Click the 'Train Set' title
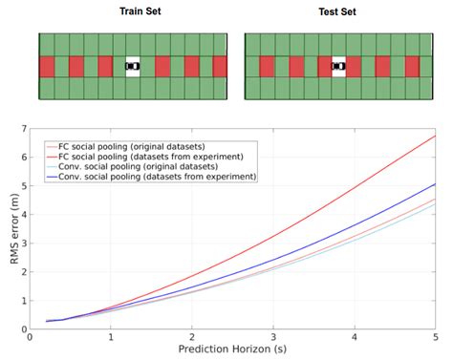pos(133,13)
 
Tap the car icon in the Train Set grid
pos(133,66)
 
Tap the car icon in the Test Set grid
pos(338,66)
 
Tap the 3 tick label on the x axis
pos(274,338)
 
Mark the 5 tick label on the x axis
pos(436,338)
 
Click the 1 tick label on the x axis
pos(112,338)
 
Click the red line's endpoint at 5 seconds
pos(436,136)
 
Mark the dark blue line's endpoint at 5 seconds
pos(436,184)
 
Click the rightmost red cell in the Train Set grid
pos(219,66)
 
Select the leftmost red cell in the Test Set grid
pos(253,66)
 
